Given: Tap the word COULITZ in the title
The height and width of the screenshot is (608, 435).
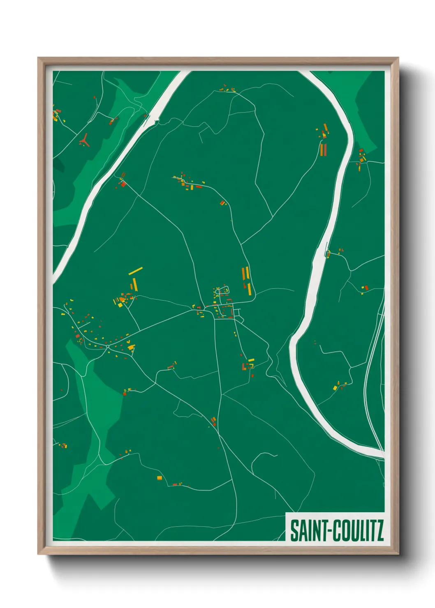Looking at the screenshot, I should [358, 530].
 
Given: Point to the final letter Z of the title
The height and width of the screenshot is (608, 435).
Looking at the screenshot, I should [380, 530].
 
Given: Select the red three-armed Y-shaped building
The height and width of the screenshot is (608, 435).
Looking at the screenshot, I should [84, 140].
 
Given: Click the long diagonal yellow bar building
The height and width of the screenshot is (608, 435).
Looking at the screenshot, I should [135, 271].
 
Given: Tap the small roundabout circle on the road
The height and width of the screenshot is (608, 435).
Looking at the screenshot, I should [108, 347].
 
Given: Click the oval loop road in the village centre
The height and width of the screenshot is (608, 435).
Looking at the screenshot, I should [224, 290].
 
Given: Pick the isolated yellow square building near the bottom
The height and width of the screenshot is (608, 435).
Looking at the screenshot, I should [160, 478].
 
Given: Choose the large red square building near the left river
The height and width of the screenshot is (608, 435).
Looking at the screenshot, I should [123, 184].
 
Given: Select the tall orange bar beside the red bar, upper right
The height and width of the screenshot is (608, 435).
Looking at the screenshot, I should [321, 149].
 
